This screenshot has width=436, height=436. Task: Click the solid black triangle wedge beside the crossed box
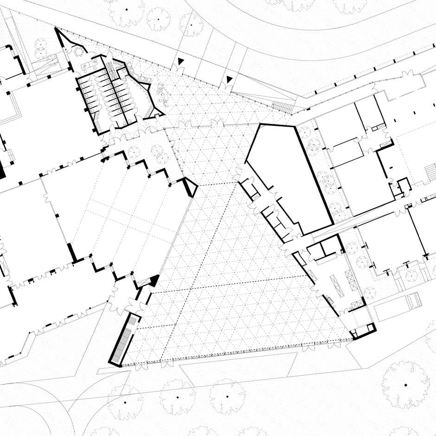tap(154, 280)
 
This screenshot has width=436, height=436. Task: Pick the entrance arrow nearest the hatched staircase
tap(229, 80)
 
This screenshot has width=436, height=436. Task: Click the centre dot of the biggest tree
tap(405, 385)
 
